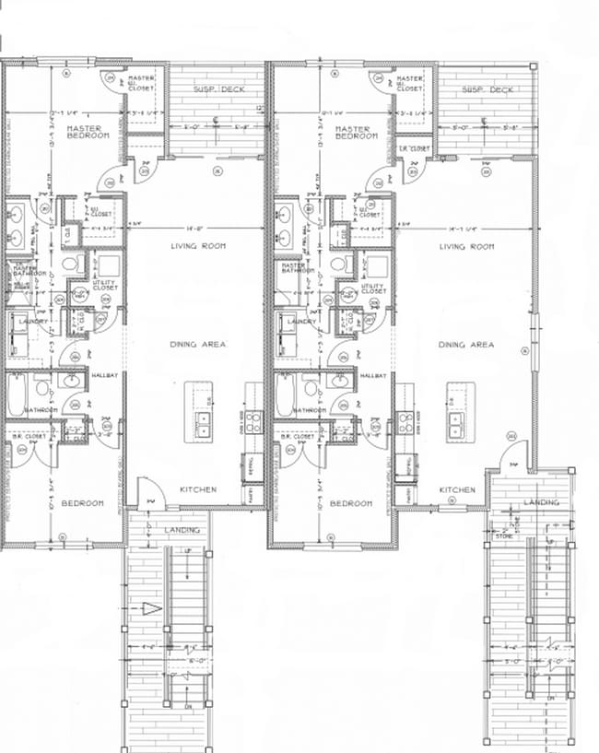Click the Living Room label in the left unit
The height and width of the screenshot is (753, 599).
[x=198, y=246]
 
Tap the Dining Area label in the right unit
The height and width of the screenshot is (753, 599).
[x=465, y=345]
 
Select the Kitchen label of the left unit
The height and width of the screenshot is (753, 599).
[x=198, y=489]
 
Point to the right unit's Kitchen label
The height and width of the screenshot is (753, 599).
[x=457, y=489]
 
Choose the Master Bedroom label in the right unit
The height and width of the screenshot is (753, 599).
[x=356, y=133]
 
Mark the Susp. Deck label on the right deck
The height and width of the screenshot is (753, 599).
[x=487, y=89]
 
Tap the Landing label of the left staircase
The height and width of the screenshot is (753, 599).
[x=182, y=531]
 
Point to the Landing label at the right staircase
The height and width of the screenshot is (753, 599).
[x=541, y=502]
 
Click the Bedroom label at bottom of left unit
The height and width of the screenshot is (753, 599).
[x=82, y=504]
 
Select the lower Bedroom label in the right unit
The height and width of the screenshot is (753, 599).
[x=350, y=504]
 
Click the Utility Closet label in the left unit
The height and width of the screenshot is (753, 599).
[x=105, y=286]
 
